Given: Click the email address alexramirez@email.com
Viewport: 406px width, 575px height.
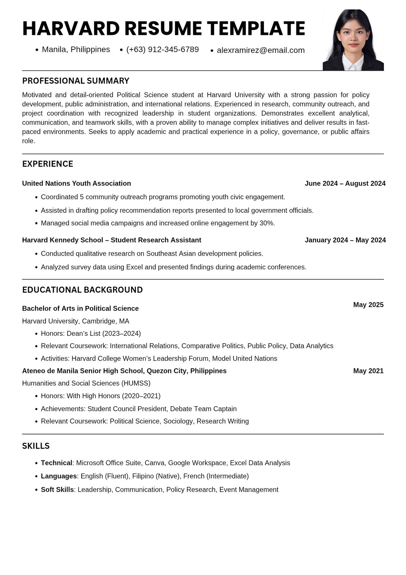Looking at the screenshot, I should pos(261,50).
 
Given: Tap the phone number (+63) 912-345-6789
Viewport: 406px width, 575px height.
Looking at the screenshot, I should pos(162,49).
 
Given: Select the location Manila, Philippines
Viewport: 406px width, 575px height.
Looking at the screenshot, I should pos(76,49).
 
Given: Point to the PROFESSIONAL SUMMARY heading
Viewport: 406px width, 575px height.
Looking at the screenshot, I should pos(75,81).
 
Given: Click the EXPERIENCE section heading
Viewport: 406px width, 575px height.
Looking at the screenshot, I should pos(47,164).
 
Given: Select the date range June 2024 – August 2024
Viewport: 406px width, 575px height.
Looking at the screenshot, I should pos(345,183).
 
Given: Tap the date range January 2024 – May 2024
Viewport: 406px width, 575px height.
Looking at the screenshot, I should pos(345,240).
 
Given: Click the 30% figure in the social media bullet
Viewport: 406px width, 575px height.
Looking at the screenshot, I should pos(267,223).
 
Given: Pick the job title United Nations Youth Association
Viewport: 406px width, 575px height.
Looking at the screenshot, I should pos(76,183).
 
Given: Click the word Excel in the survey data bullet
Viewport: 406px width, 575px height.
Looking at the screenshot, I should pos(134,267).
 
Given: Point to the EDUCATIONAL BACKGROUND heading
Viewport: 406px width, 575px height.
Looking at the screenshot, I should pos(82,290).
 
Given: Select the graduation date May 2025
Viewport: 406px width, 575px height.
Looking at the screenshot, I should pos(368,305).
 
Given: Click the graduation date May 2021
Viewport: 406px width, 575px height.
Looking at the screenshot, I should pos(368,371).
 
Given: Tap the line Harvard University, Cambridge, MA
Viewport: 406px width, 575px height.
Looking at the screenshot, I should pos(75,321).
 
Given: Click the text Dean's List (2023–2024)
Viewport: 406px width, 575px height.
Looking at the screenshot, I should pos(104,333).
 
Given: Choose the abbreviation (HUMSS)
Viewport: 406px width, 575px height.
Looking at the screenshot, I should pos(136,383).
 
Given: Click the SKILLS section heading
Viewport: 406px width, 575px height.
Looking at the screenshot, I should pos(36,446).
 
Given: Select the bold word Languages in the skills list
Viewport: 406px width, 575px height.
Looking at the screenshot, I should pos(59,476).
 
